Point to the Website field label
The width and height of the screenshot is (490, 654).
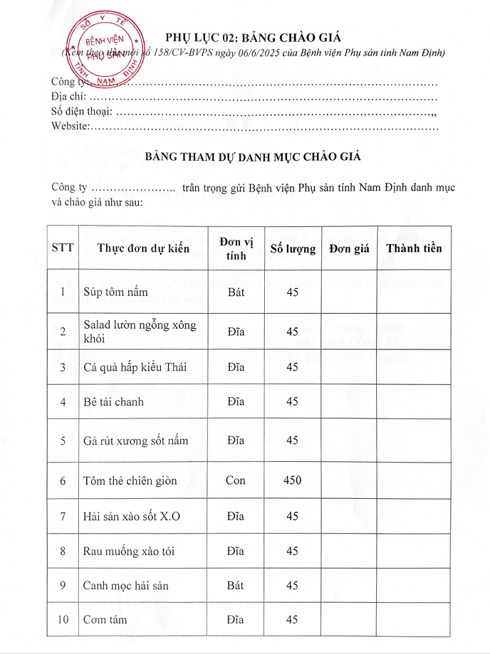click(x=70, y=126)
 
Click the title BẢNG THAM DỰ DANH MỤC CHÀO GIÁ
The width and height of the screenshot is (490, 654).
click(x=252, y=157)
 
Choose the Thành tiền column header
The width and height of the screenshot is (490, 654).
click(x=413, y=248)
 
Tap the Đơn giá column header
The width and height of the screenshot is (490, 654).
click(x=349, y=248)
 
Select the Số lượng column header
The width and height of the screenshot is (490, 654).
click(x=292, y=248)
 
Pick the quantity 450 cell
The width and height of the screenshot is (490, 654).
click(x=292, y=480)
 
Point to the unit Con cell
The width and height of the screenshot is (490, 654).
click(x=236, y=480)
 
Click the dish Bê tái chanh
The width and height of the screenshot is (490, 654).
click(x=113, y=402)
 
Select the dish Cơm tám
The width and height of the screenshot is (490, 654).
click(x=105, y=620)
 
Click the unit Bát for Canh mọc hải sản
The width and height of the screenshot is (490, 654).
click(x=236, y=585)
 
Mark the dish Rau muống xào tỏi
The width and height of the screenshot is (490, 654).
click(x=129, y=551)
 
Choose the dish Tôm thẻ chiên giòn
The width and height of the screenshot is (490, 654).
click(x=130, y=481)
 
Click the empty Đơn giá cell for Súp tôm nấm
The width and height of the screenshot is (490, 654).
click(x=349, y=292)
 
